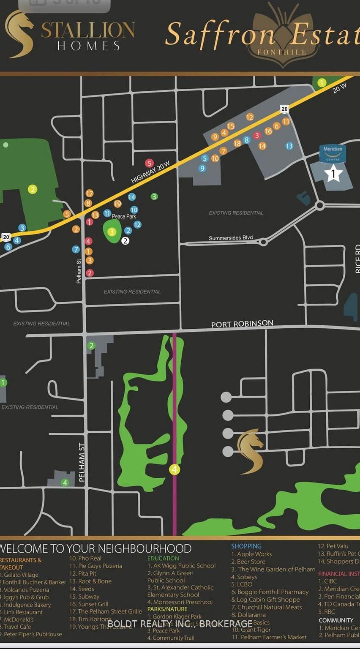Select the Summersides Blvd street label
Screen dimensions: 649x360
click(231, 238)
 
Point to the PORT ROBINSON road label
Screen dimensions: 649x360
click(242, 324)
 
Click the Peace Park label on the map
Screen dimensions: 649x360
click(124, 216)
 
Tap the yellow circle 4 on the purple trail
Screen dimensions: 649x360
click(175, 469)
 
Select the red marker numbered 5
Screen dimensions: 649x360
click(149, 163)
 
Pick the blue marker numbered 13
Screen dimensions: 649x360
click(289, 146)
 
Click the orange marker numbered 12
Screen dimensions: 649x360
click(250, 117)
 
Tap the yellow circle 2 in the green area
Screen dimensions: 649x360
click(33, 189)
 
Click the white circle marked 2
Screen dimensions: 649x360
click(125, 241)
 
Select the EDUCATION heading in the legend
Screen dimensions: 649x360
click(163, 558)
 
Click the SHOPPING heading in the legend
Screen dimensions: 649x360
click(246, 546)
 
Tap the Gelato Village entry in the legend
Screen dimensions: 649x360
click(21, 575)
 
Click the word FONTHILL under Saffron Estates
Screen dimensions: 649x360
click(282, 52)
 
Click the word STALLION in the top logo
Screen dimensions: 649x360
click(88, 30)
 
